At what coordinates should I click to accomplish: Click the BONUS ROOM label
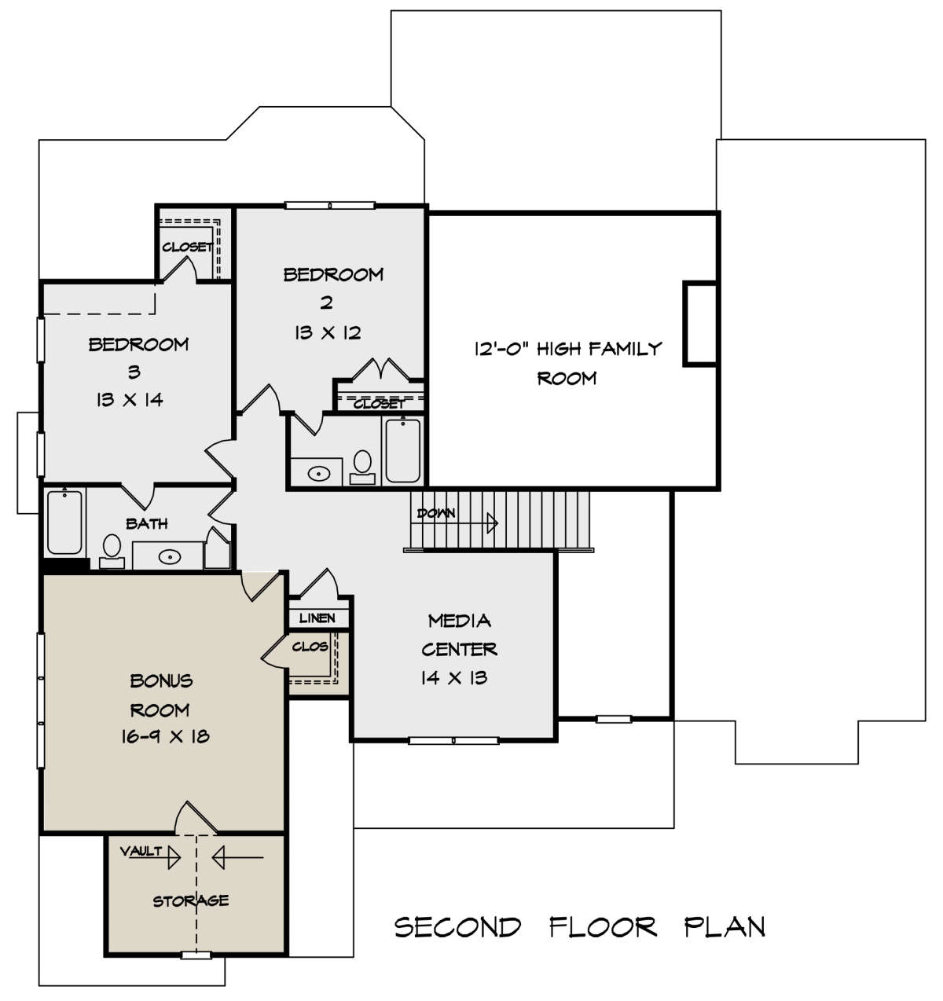tap(161, 695)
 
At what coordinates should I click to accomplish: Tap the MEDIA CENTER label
tap(459, 635)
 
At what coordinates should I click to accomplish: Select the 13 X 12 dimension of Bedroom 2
tap(328, 332)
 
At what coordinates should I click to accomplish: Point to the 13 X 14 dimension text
tap(130, 400)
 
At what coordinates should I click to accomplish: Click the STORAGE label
tap(191, 900)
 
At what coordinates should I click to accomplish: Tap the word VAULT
tap(141, 851)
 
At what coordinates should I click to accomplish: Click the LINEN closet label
tap(317, 618)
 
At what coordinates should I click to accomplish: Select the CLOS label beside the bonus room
tap(310, 646)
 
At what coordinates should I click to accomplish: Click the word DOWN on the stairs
tap(436, 513)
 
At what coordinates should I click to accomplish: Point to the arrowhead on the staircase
tap(492, 522)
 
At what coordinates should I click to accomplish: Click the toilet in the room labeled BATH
tap(112, 551)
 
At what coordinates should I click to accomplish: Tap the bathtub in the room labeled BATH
tap(64, 522)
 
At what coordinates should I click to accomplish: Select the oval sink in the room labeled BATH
tap(170, 556)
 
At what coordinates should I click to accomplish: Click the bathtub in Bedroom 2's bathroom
tap(403, 450)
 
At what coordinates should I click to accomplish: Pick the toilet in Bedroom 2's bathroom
tap(362, 467)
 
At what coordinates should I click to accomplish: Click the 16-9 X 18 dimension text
tap(165, 737)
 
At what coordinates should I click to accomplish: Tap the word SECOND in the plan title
tap(457, 927)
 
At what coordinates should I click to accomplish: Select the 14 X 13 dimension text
tap(454, 678)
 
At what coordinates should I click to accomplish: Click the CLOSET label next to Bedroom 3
tap(187, 247)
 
